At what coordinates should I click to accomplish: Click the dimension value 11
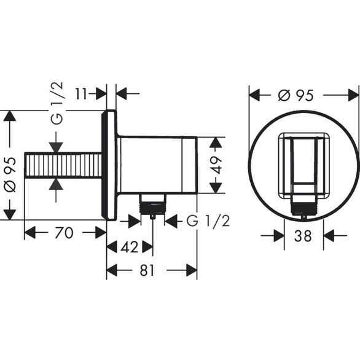pos(82,93)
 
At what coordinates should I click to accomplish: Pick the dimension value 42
pos(128,248)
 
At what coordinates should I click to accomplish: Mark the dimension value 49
pos(214,165)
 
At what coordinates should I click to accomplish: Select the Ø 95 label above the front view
pos(295,95)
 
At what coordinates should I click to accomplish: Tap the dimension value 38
pos(303,235)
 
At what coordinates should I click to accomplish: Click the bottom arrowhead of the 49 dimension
pos(214,190)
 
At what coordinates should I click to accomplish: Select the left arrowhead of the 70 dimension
pos(28,233)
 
